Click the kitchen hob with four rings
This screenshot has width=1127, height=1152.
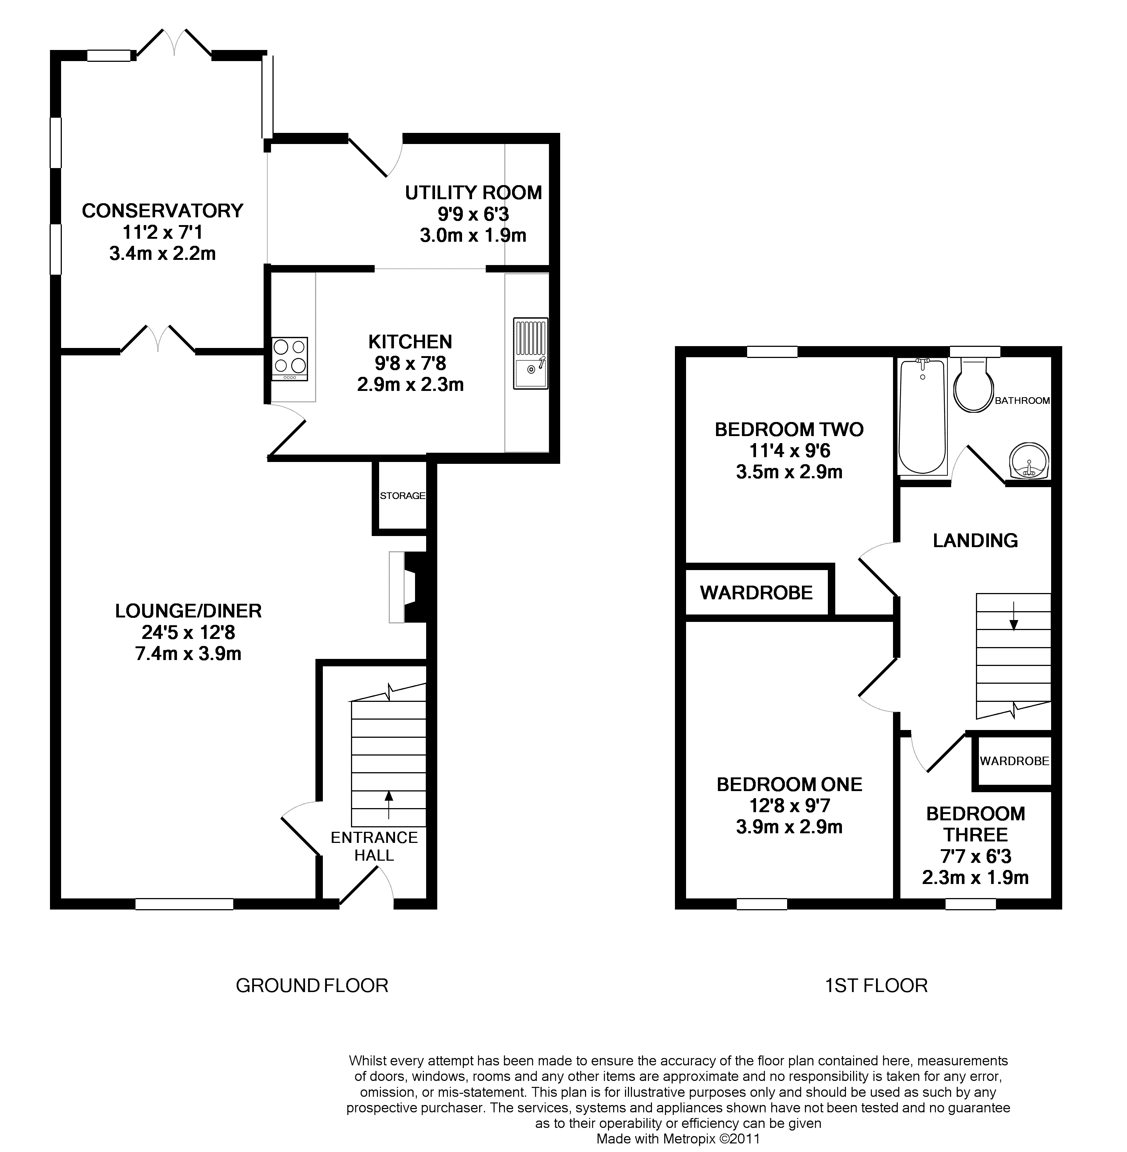[290, 359]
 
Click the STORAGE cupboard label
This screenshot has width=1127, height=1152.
[402, 495]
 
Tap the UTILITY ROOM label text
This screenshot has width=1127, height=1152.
[474, 193]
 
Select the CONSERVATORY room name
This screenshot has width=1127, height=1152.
[162, 211]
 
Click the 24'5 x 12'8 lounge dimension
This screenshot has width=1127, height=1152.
[188, 633]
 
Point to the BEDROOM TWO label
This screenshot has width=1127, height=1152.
[789, 429]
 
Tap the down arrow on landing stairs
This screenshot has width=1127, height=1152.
[1014, 616]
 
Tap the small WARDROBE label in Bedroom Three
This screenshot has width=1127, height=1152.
[1014, 761]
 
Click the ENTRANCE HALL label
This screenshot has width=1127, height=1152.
[374, 846]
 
